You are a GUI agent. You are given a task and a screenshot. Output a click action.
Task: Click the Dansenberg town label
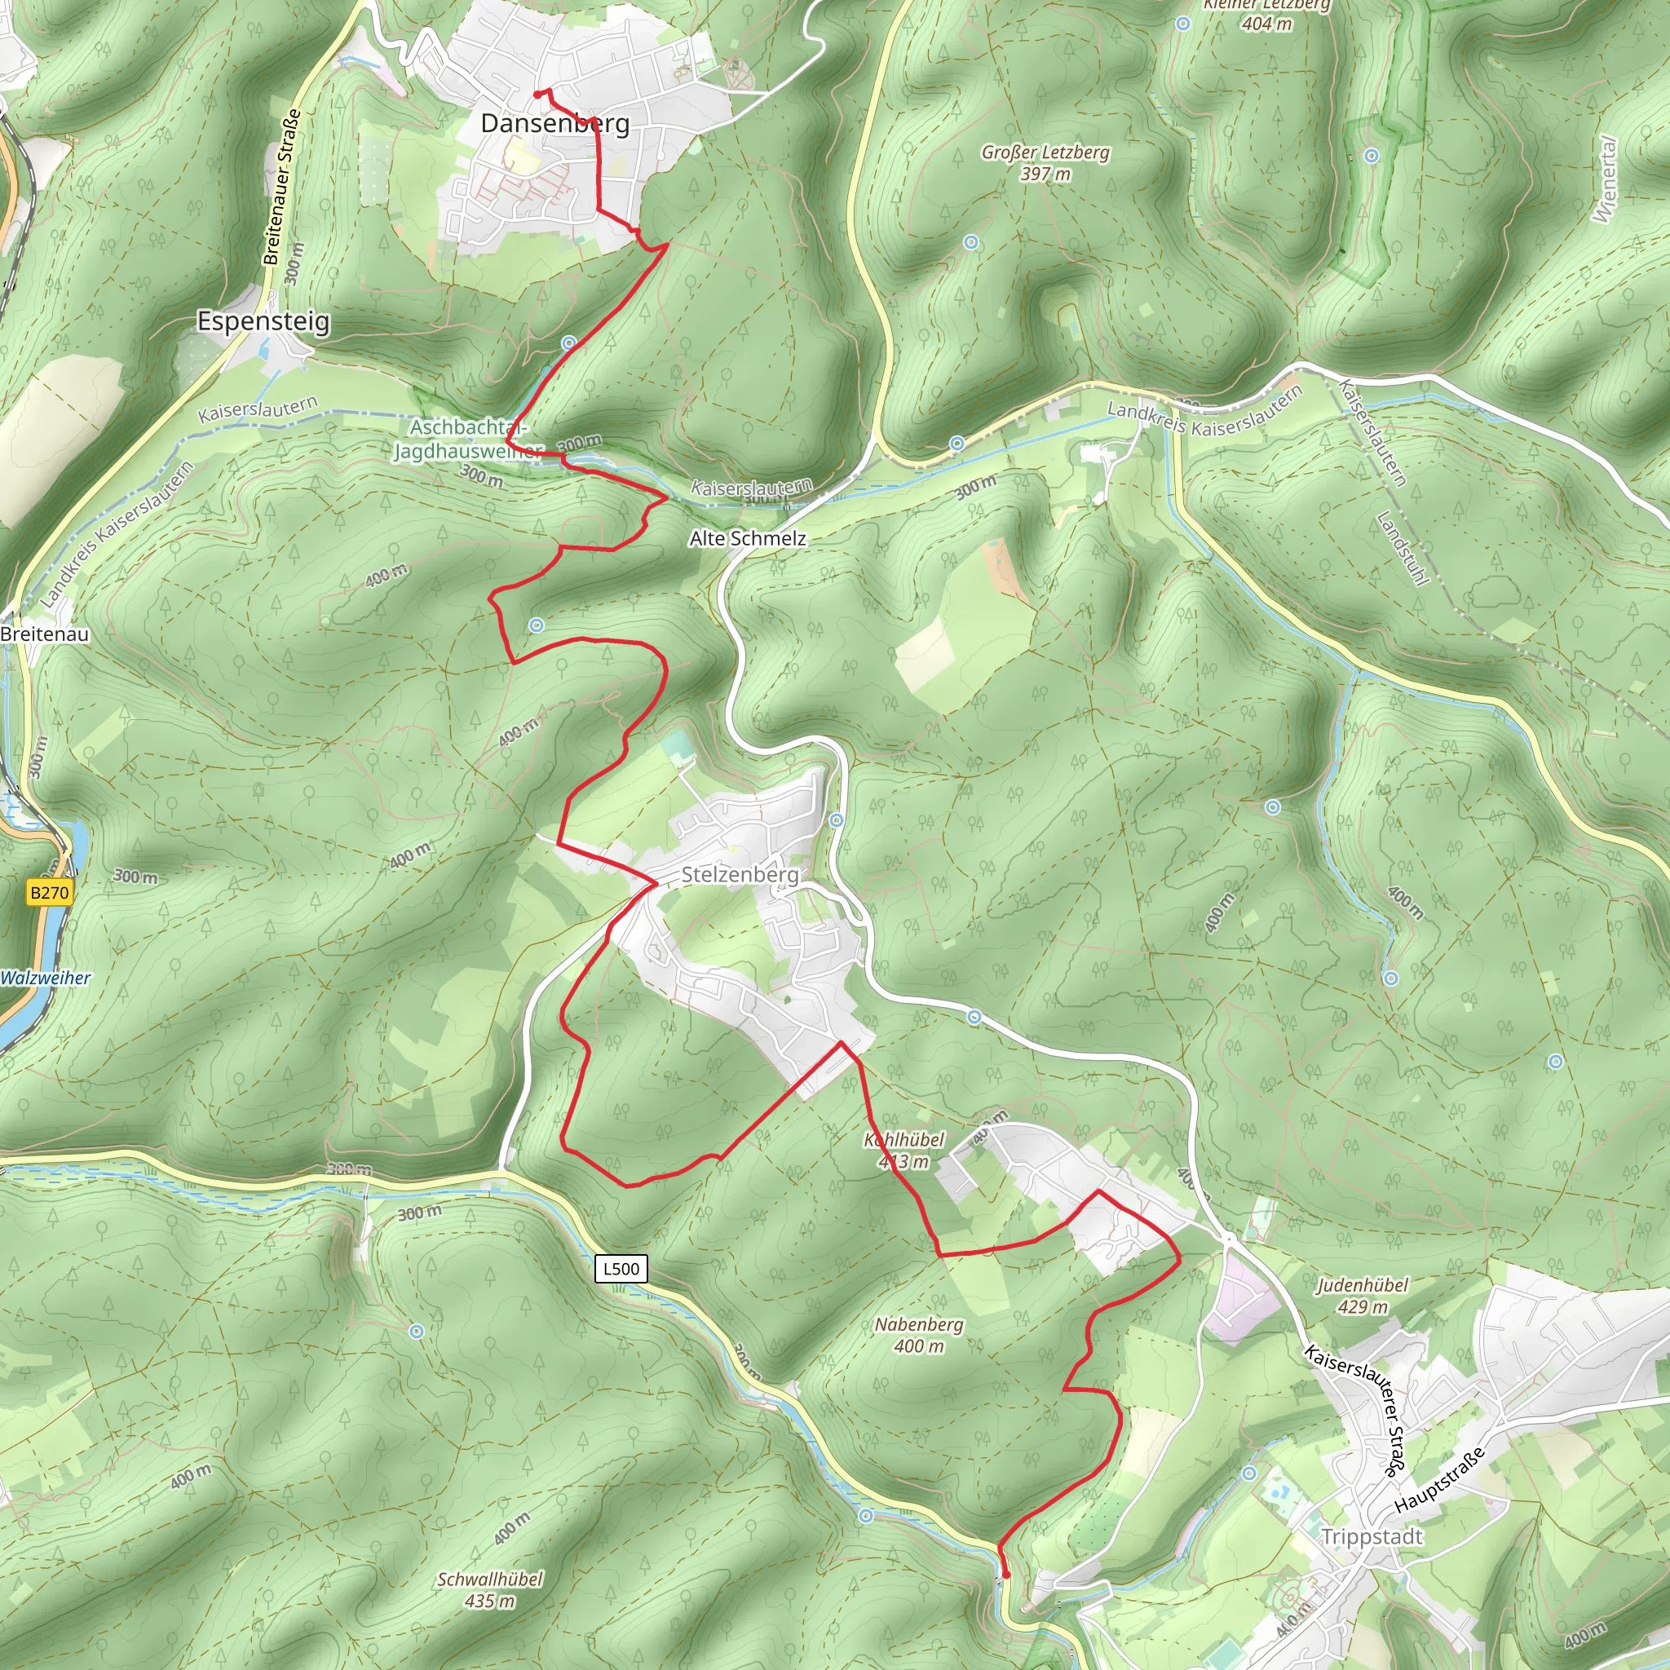point(555,124)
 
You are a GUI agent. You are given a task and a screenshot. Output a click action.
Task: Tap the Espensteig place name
point(263,321)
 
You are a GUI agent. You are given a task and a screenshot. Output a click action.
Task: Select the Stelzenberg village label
point(740,875)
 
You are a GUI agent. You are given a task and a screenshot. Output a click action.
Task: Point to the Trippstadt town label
point(1372,1537)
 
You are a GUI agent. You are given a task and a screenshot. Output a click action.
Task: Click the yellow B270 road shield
point(48,893)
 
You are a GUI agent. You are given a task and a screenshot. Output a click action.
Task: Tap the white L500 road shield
point(621,1269)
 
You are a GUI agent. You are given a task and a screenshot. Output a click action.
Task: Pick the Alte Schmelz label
point(748,538)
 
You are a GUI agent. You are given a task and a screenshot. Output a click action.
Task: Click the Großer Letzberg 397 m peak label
point(1045,162)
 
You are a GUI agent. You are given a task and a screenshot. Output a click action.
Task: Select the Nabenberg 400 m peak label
point(919,1335)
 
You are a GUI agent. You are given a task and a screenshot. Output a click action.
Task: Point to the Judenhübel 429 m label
point(1363,1296)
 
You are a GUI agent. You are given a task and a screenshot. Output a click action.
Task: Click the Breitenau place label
point(45,634)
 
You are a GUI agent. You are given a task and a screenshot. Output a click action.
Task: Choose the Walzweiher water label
point(46,979)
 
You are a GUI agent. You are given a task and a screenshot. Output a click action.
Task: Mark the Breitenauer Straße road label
point(283,187)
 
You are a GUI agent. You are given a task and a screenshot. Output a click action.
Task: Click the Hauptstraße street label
point(1439,1479)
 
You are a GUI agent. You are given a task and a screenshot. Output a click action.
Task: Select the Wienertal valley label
point(1604,179)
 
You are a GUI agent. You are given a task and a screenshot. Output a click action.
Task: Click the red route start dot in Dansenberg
point(537,95)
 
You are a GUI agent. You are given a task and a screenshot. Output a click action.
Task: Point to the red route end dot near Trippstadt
point(1006,1575)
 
